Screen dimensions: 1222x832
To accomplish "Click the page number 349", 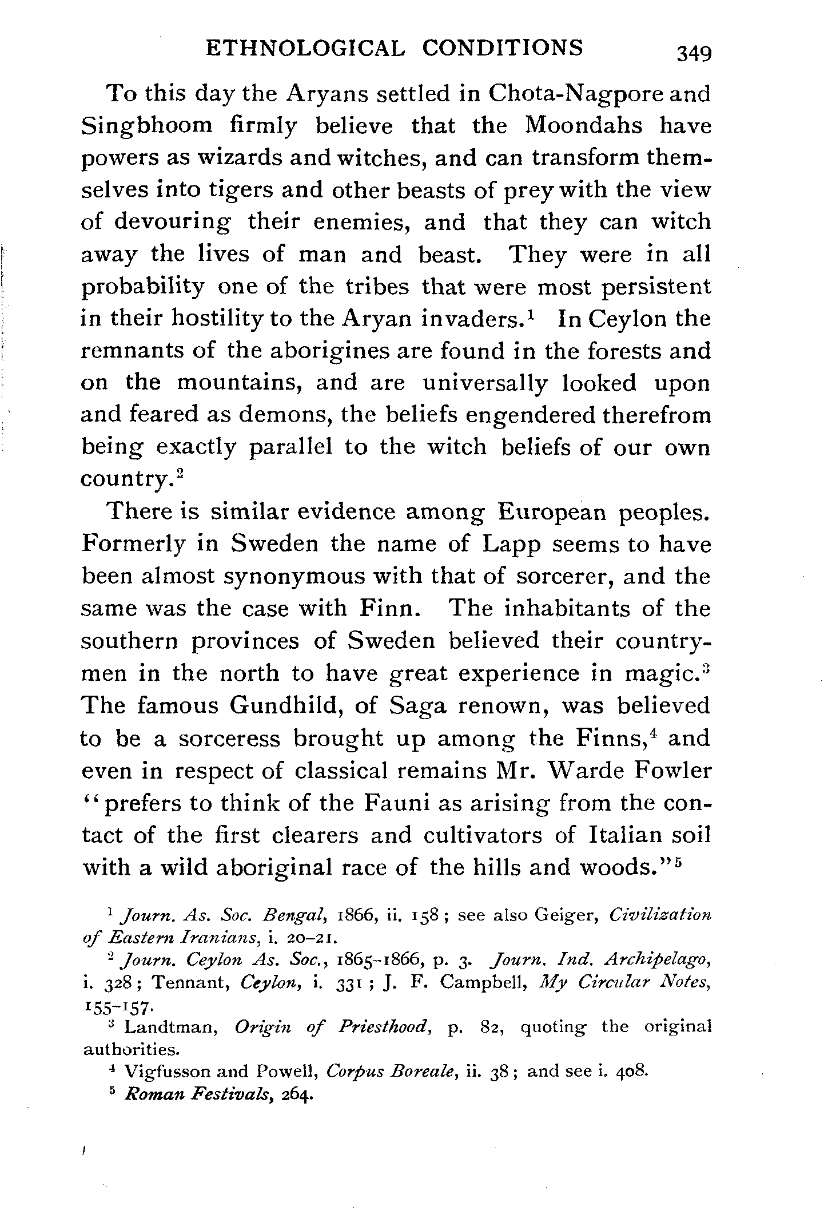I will point(693,54).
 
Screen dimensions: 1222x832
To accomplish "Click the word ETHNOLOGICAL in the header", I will point(304,48).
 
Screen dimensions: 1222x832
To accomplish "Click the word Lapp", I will point(511,543).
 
